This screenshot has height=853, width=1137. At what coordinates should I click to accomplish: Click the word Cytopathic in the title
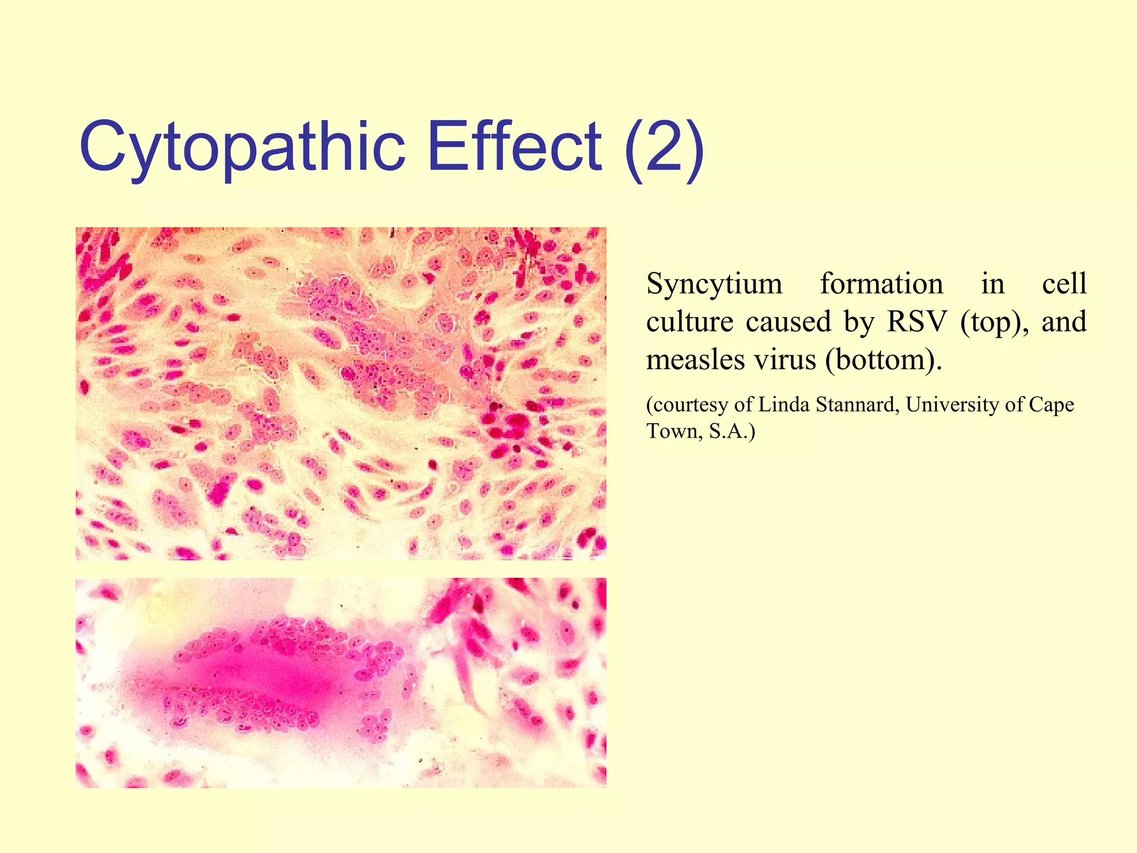pos(243,147)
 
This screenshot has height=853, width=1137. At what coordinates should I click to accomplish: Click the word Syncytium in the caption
pos(715,284)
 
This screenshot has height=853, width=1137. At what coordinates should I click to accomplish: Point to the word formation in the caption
pos(882,284)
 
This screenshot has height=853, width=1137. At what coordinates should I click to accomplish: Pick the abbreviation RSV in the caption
pos(917,322)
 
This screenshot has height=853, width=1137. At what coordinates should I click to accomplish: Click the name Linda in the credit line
pos(782,404)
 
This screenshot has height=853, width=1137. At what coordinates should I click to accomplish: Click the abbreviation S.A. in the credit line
pos(732,431)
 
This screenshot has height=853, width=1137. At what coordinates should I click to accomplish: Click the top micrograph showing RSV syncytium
pos(341,393)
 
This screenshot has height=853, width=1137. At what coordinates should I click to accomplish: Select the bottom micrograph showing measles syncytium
pos(341,683)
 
